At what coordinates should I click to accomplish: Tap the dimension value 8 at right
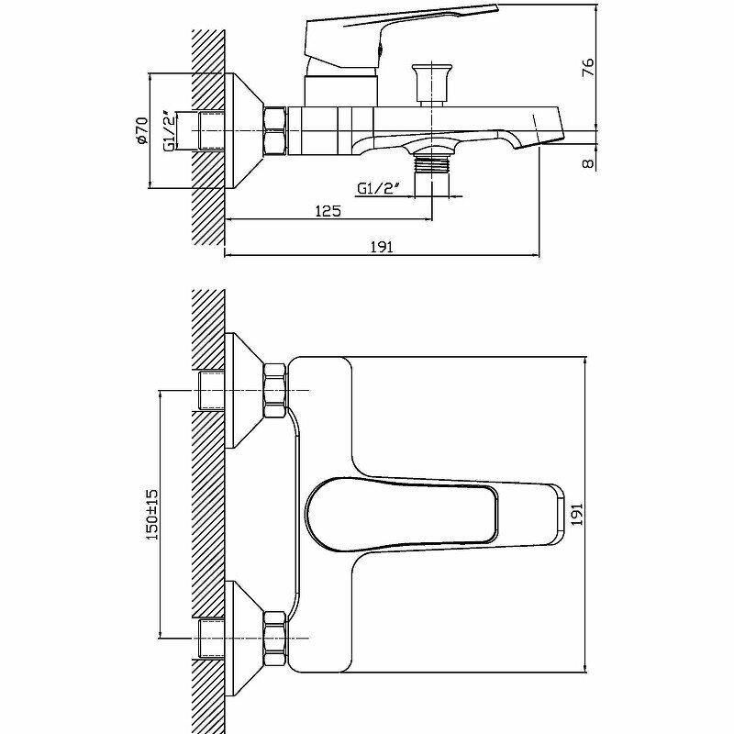[x=589, y=161]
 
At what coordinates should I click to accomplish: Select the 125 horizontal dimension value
[x=328, y=211]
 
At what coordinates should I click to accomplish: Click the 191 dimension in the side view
[x=382, y=247]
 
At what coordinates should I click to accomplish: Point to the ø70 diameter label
[x=142, y=132]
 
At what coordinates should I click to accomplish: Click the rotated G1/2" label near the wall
[x=170, y=132]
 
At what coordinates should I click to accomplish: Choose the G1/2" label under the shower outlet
[x=378, y=189]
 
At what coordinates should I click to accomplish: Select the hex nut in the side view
[x=275, y=130]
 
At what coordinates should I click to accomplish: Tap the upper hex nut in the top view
[x=275, y=389]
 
